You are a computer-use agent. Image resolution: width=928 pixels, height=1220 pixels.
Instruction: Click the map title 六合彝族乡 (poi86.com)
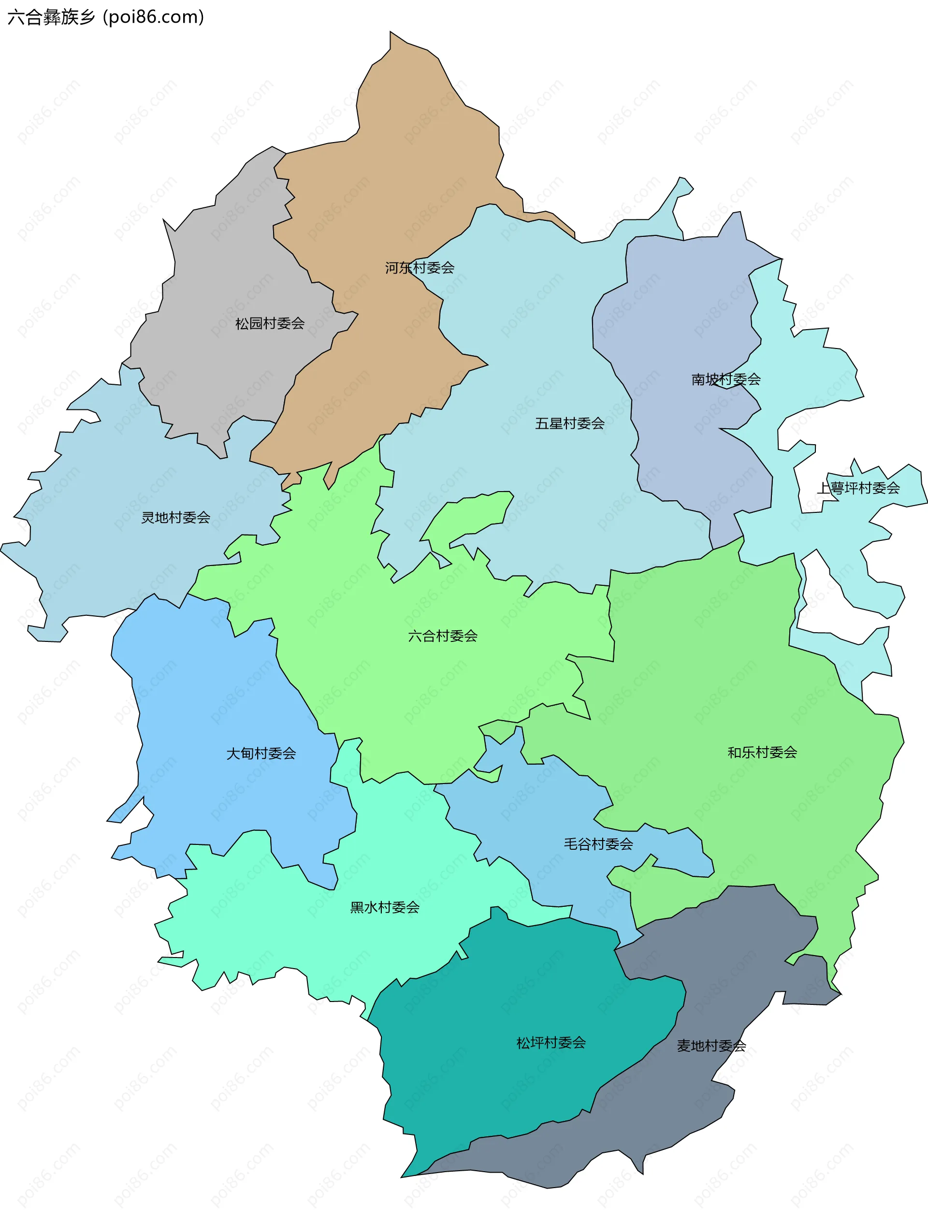click(106, 17)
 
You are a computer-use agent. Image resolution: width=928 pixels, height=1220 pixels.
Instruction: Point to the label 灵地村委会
click(175, 518)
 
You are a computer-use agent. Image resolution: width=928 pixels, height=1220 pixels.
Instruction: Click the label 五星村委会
click(569, 423)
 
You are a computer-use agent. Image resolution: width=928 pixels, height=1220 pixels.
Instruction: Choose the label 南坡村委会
click(726, 379)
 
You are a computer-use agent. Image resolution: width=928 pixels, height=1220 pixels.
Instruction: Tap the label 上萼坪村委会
click(858, 488)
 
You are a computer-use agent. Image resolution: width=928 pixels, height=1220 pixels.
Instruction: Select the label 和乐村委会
click(762, 752)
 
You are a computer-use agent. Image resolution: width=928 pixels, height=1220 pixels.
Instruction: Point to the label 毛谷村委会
click(598, 844)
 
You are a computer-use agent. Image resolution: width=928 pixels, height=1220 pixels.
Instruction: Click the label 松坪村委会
click(551, 1043)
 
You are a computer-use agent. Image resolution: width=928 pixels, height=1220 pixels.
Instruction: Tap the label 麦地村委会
click(711, 1046)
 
